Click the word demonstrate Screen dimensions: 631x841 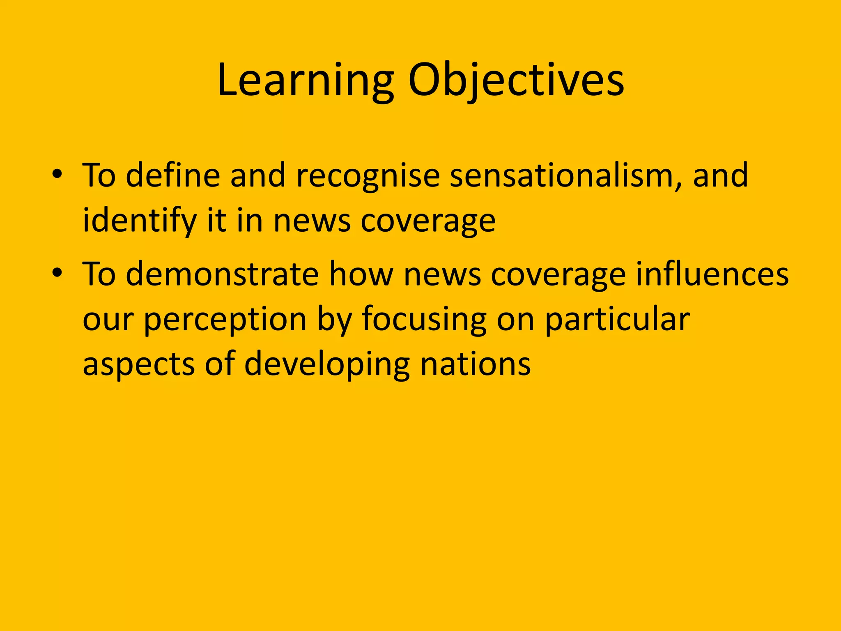222,274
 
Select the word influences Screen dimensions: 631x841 712,274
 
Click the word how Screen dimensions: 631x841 361,274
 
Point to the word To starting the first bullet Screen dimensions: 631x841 99,175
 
